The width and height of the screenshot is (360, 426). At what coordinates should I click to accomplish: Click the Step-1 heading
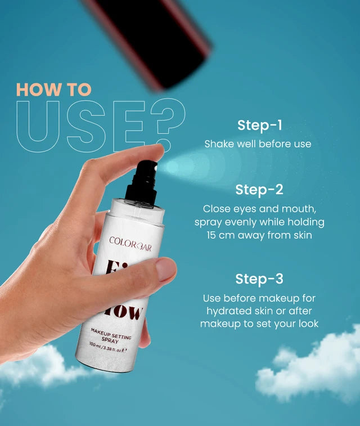(259, 125)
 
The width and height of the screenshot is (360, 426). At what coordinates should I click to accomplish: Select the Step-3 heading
(259, 279)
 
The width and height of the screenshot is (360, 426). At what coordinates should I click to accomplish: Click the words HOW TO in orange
(53, 89)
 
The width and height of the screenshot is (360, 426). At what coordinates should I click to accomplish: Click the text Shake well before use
(258, 144)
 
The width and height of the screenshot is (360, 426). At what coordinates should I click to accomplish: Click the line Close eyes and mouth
(259, 208)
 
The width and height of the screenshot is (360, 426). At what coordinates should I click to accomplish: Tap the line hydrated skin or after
(259, 311)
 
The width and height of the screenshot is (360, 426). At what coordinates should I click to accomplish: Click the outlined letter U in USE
(38, 127)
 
